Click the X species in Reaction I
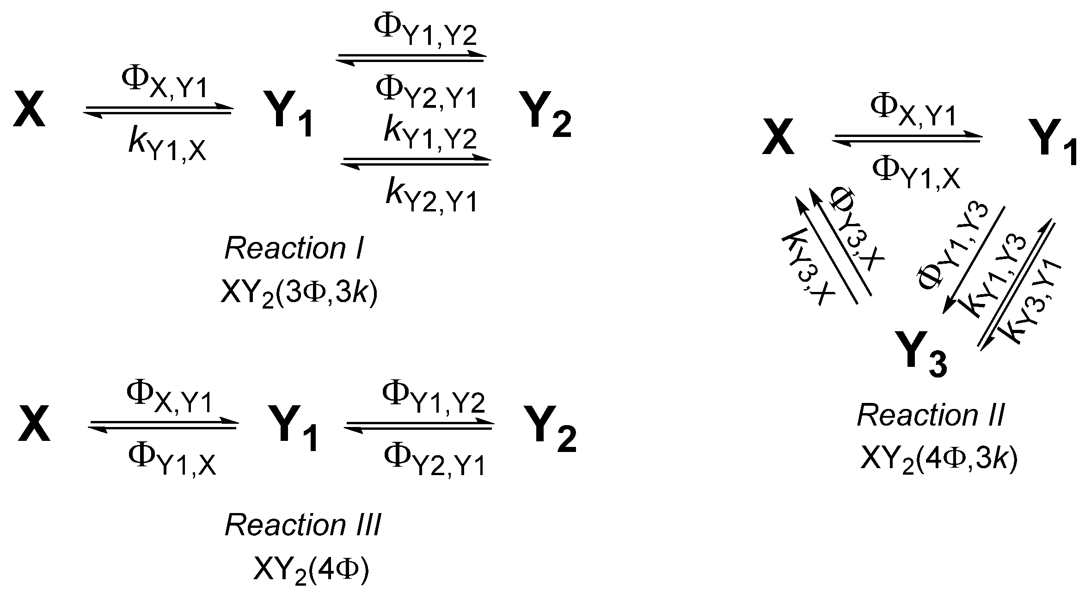(29, 110)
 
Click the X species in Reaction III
(33, 426)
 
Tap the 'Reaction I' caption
(294, 249)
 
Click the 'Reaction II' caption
(930, 415)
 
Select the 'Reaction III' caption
(303, 526)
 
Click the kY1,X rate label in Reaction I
(167, 146)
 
